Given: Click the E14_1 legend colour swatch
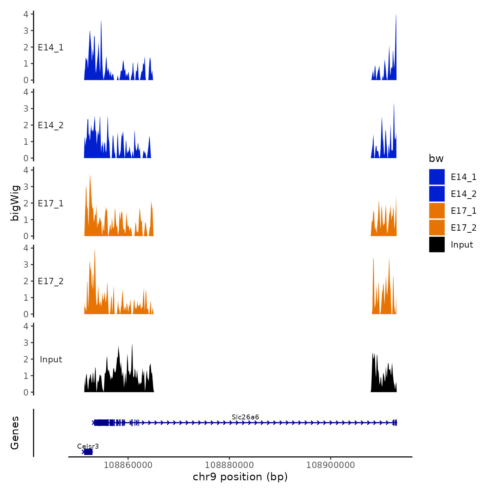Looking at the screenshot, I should pyautogui.click(x=437, y=177).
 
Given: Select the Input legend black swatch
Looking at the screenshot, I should pyautogui.click(x=437, y=244).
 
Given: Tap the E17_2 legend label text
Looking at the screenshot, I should pyautogui.click(x=463, y=228).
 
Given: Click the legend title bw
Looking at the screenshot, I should pyautogui.click(x=436, y=158).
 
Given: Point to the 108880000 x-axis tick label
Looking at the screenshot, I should pyautogui.click(x=229, y=465).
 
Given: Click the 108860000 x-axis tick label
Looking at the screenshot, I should pyautogui.click(x=128, y=465).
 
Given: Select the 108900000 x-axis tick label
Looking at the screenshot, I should pyautogui.click(x=330, y=465).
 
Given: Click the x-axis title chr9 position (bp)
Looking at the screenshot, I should pyautogui.click(x=240, y=477).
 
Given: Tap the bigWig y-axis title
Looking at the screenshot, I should pyautogui.click(x=15, y=203).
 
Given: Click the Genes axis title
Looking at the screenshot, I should pyautogui.click(x=15, y=433).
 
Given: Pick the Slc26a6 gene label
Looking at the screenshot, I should pyautogui.click(x=245, y=417).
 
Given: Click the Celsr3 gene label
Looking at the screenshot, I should pyautogui.click(x=88, y=447).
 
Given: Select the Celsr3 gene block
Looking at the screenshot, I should pyautogui.click(x=88, y=452).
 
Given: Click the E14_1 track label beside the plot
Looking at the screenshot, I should pyautogui.click(x=51, y=48).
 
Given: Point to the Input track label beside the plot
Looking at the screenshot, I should pyautogui.click(x=51, y=360).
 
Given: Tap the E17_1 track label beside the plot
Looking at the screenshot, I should pyautogui.click(x=51, y=204).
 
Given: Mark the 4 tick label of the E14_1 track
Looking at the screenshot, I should pyautogui.click(x=26, y=14).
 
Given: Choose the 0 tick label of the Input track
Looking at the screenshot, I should pyautogui.click(x=26, y=392).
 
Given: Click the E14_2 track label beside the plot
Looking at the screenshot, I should pyautogui.click(x=51, y=125).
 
